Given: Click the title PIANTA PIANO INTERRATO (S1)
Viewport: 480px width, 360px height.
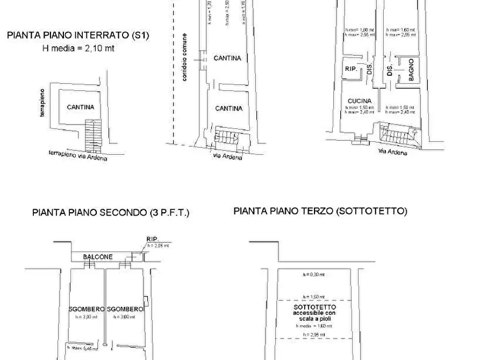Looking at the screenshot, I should pos(78,36).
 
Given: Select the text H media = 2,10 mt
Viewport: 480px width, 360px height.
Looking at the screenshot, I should pos(78,48).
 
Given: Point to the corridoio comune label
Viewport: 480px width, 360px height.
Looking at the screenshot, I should pos(184,58).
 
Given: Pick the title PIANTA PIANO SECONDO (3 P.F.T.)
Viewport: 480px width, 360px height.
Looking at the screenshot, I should pos(111,212).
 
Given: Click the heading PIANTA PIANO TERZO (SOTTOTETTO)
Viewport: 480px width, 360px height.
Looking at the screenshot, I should pos(320,211).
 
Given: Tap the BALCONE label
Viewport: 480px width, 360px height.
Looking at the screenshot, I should pos(98,257).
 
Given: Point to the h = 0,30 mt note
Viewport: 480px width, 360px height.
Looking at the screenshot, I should pos(313,275).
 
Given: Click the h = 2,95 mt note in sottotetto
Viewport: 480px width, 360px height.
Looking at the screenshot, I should pos(313,335).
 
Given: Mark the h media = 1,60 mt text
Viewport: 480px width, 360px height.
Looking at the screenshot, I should pos(313,325).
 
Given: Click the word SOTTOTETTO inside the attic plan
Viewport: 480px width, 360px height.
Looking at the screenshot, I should pos(314,306).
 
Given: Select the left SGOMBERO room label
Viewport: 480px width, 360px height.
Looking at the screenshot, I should pos(86,309).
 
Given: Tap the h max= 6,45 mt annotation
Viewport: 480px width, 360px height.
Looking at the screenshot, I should pos(85,348).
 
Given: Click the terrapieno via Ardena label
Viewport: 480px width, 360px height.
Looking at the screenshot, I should pos(78,156).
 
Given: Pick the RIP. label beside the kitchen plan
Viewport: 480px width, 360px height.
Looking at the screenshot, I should pos(351,68).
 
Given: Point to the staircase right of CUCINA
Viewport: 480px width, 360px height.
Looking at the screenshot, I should pos(399,134).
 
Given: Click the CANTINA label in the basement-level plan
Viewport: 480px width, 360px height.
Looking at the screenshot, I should pos(81,107).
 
